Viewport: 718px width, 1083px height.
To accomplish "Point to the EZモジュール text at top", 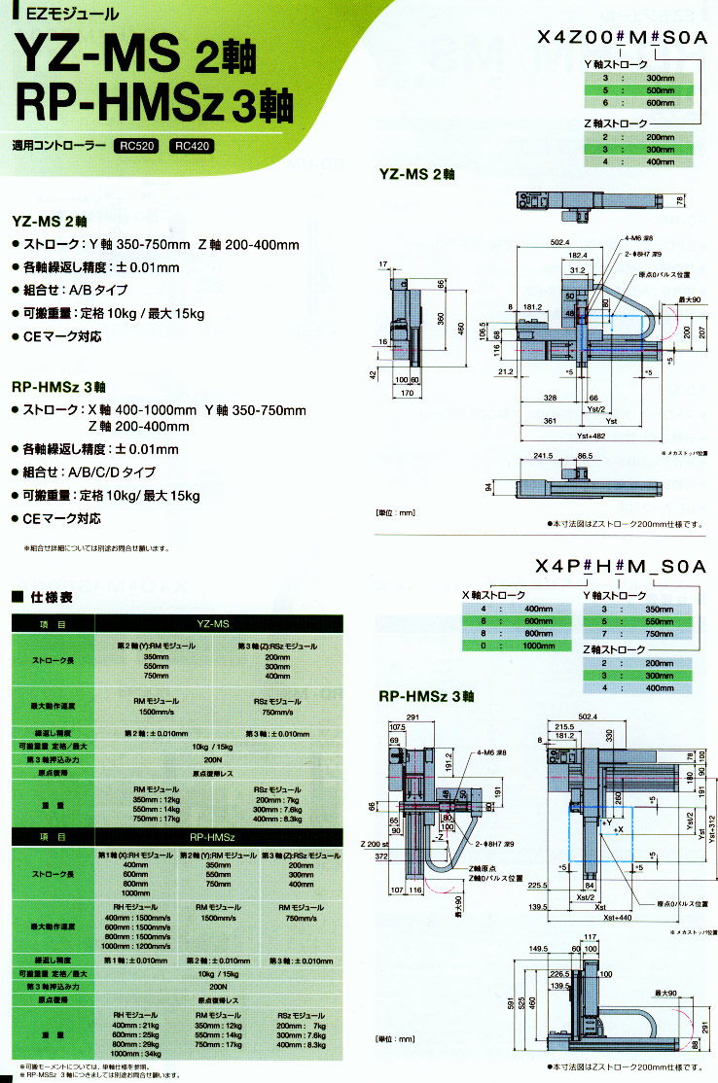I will click(58, 14).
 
